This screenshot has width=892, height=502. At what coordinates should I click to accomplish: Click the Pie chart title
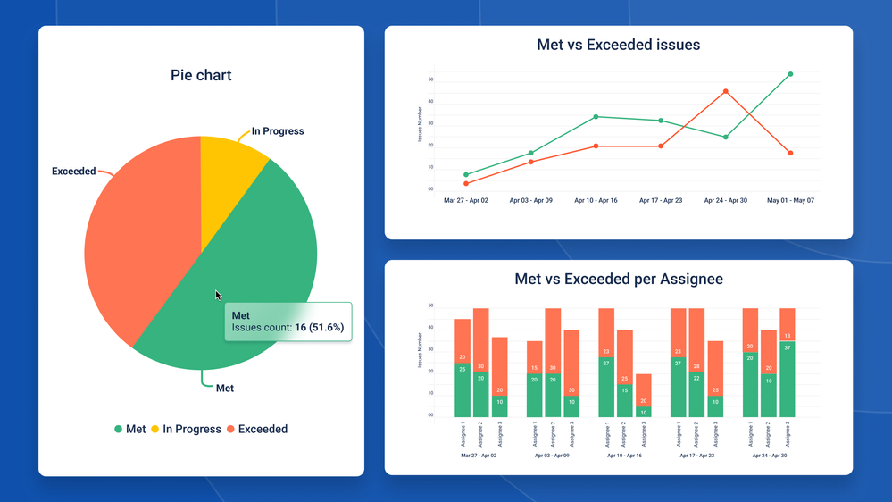(201, 76)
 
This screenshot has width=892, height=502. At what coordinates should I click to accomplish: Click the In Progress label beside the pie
(277, 131)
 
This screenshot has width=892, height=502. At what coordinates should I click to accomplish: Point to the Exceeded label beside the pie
(73, 172)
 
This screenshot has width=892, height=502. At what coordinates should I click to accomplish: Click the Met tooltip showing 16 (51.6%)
(288, 322)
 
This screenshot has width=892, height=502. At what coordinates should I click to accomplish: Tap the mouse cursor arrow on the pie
(218, 296)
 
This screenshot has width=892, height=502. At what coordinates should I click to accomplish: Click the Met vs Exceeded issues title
(618, 45)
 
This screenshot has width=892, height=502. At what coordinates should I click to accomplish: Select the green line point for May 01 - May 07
(790, 75)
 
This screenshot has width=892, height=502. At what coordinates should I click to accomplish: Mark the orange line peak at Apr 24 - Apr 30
(726, 91)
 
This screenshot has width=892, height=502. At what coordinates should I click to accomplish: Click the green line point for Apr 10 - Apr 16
(596, 117)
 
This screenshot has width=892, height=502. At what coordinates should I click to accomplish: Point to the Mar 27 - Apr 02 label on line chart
(466, 201)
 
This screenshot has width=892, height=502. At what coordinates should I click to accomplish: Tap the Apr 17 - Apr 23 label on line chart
(661, 201)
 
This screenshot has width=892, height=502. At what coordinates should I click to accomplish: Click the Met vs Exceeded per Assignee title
(618, 280)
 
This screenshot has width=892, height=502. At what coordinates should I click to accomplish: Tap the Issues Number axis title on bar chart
(420, 350)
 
